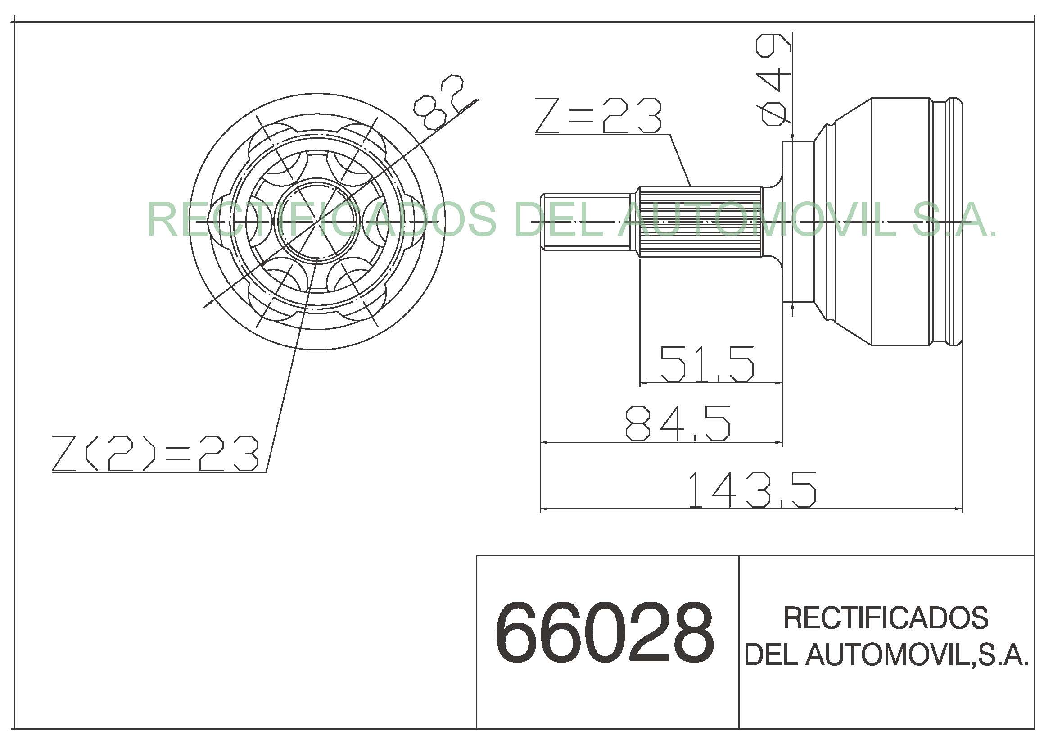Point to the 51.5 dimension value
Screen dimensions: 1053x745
[x=707, y=364]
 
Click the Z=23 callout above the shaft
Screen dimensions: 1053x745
[x=598, y=116]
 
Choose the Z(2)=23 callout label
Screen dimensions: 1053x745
[x=155, y=453]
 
